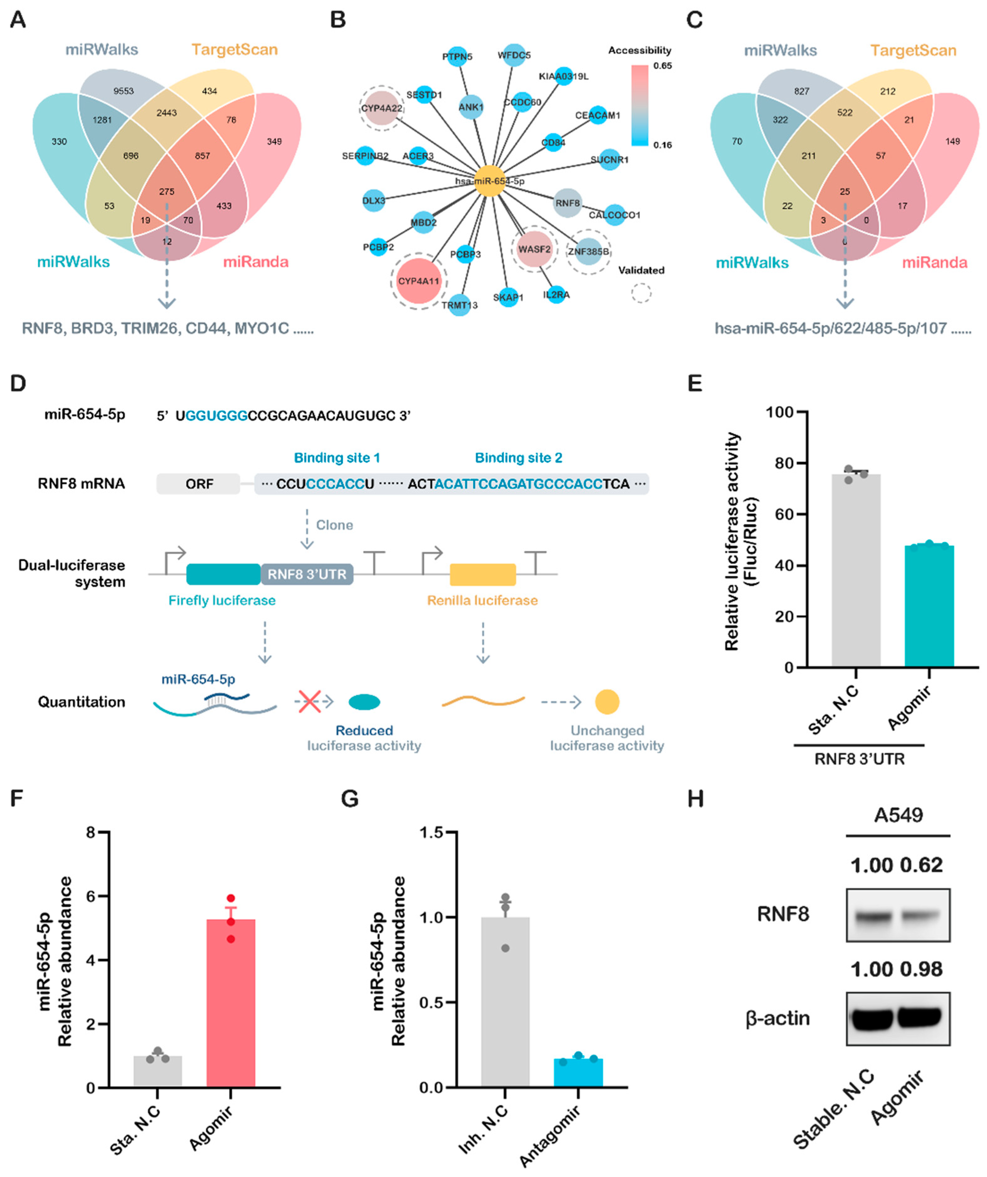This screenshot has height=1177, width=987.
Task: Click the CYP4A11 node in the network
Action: point(418,281)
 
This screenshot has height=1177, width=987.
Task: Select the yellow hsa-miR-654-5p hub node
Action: point(489,180)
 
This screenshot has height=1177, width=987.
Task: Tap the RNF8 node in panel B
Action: point(567,203)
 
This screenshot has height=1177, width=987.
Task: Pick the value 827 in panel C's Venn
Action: point(801,91)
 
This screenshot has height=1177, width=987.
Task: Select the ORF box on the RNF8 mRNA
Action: point(199,484)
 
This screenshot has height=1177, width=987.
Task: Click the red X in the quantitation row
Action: point(309,702)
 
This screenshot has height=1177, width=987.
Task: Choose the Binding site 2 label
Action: point(518,458)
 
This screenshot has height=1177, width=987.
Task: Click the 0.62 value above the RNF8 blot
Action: point(921,865)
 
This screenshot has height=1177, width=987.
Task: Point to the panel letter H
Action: point(695,799)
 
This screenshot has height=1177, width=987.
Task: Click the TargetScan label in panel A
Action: point(234,49)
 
